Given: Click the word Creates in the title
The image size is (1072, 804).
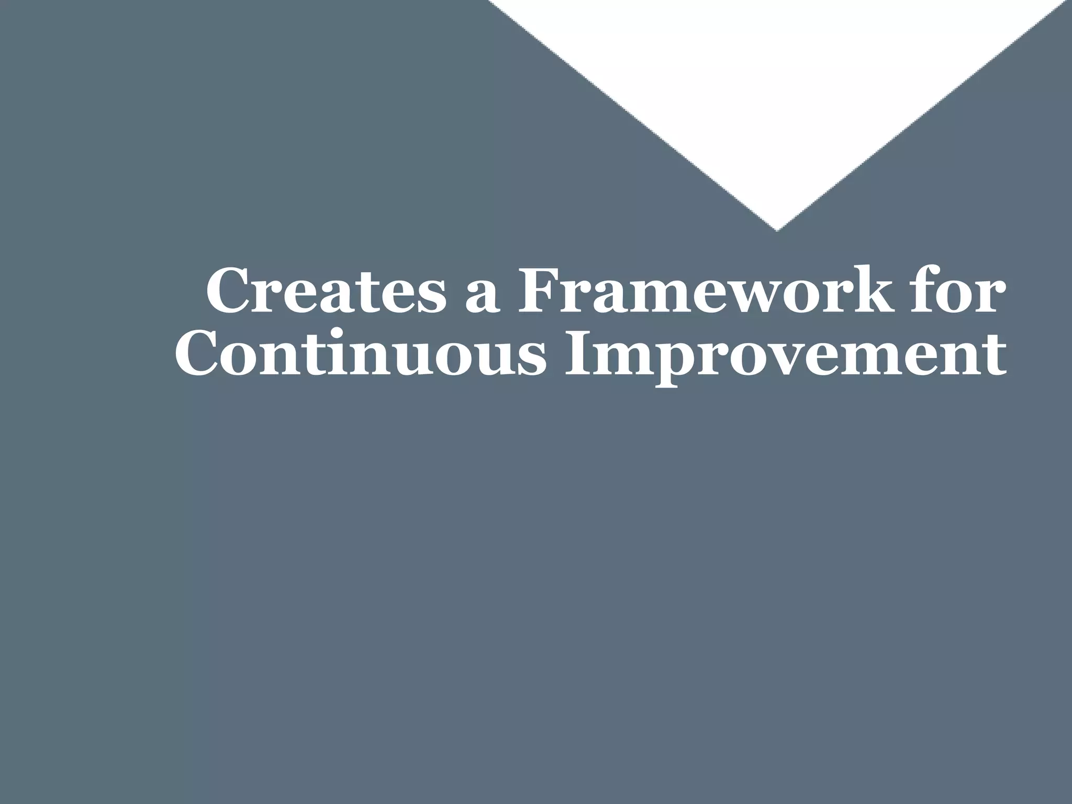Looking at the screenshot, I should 325,291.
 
